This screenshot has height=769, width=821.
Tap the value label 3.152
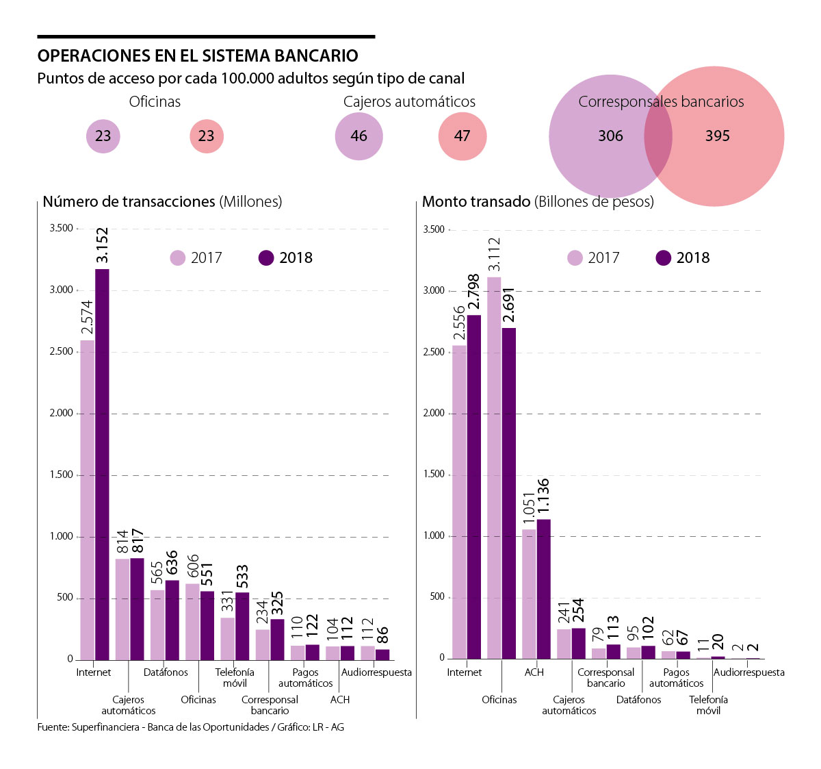[x=102, y=245]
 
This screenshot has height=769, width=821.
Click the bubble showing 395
[x=718, y=136]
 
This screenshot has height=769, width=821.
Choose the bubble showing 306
[x=610, y=136]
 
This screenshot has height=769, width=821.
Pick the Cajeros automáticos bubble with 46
[x=359, y=136]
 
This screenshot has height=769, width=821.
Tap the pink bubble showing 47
[x=462, y=136]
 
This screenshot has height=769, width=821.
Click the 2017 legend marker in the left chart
[x=178, y=258]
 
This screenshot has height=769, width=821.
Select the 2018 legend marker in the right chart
[x=664, y=258]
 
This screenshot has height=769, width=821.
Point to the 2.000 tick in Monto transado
[x=434, y=413]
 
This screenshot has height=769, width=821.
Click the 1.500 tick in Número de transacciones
[x=61, y=475]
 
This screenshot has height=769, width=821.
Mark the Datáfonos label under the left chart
[x=166, y=672]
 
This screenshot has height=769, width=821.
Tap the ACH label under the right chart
[x=534, y=672]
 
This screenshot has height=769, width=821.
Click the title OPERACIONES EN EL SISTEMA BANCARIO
[x=198, y=56]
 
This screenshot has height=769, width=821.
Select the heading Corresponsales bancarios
[x=661, y=102]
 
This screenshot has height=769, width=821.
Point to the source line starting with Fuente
[x=191, y=727]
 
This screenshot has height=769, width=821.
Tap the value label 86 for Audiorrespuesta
[x=382, y=635]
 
